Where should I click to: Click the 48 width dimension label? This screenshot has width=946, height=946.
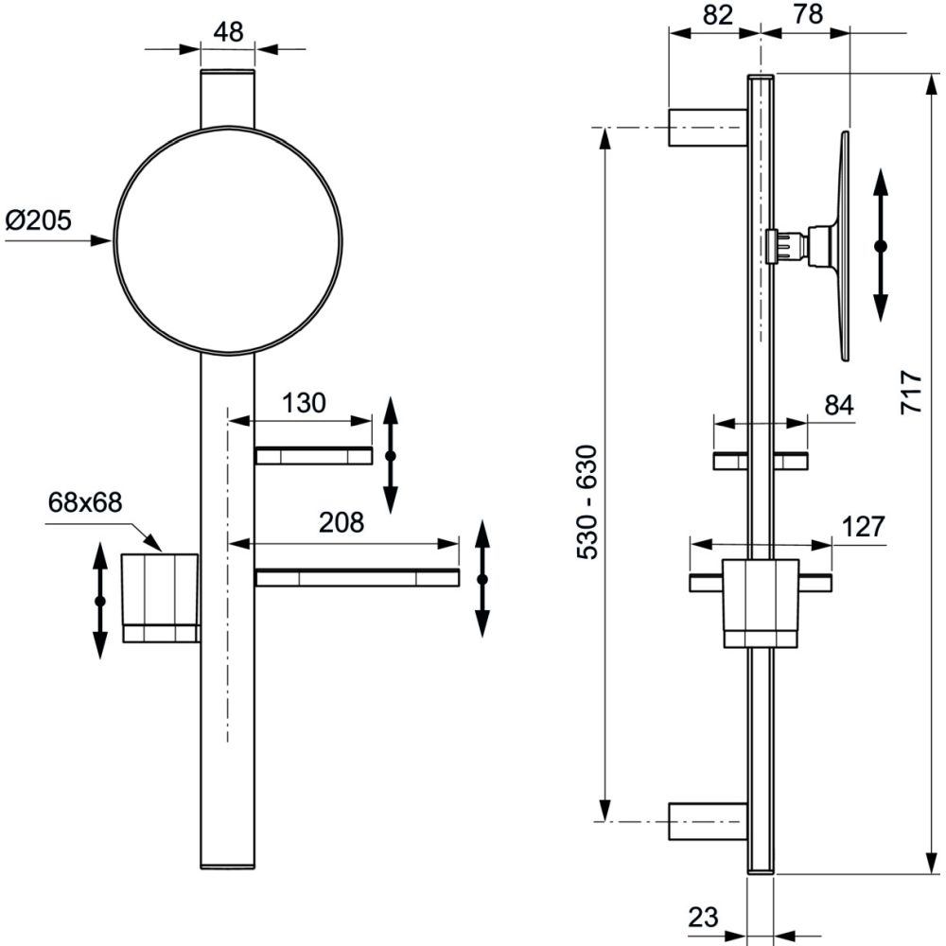tap(228, 30)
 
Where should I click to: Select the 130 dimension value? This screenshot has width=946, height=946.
tap(304, 403)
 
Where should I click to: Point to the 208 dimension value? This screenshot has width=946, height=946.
tap(342, 522)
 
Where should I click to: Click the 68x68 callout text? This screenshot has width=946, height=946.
tap(85, 502)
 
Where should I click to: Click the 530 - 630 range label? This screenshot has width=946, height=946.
tap(587, 501)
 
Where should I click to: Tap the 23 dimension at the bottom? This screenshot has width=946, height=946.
tap(703, 916)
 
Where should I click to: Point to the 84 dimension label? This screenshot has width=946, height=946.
tap(838, 405)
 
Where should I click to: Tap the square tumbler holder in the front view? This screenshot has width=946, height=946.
tap(160, 596)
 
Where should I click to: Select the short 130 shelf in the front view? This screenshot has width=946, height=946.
tap(313, 457)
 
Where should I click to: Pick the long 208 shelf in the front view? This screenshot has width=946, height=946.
tap(357, 578)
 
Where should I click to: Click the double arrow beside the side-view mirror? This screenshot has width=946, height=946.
tap(881, 246)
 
